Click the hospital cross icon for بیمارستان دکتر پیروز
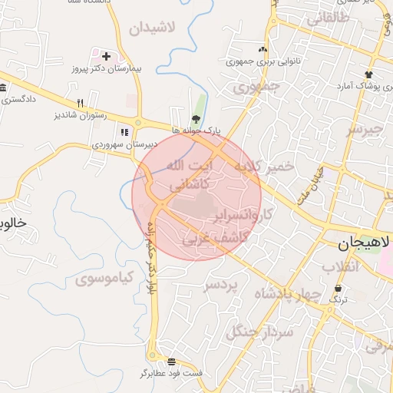pos(106,56)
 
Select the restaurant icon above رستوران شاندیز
pos(80,103)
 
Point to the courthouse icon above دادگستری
pos(3,87)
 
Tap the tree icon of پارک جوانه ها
pos(196,118)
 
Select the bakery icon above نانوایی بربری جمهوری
pos(263,49)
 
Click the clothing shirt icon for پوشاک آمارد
pos(369,74)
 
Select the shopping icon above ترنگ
pos(339,288)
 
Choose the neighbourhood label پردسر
pos(222,285)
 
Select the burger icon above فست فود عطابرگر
pos(171,361)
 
